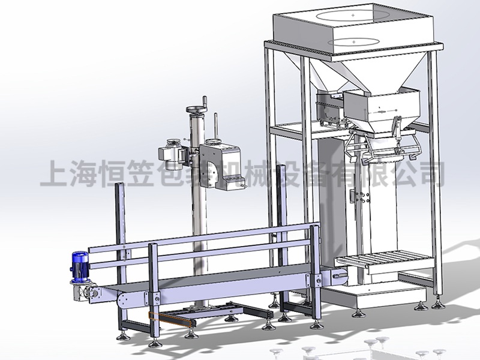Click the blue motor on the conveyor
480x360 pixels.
[80, 266]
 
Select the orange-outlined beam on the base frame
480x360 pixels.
[172, 319]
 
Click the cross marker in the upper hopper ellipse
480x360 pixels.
[353, 15]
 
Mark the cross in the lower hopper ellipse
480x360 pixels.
[354, 41]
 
